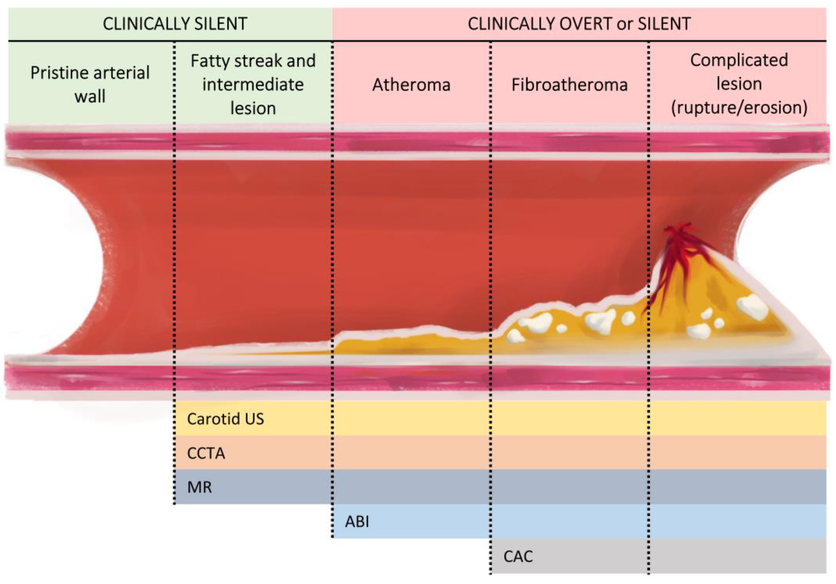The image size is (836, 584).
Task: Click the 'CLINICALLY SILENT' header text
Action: (x=175, y=24)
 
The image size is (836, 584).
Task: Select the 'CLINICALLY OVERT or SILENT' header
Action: (x=579, y=24)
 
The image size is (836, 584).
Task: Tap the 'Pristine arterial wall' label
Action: (x=90, y=85)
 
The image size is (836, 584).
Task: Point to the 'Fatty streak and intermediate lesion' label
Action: (x=253, y=85)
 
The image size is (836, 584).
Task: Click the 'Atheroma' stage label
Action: (x=411, y=85)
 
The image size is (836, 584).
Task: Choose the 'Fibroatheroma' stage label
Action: (x=569, y=85)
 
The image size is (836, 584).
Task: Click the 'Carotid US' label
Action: (x=225, y=419)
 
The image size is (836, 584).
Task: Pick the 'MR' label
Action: (x=199, y=487)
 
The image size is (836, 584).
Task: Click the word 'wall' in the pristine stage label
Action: (x=90, y=97)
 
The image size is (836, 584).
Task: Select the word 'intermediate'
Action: (x=253, y=85)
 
